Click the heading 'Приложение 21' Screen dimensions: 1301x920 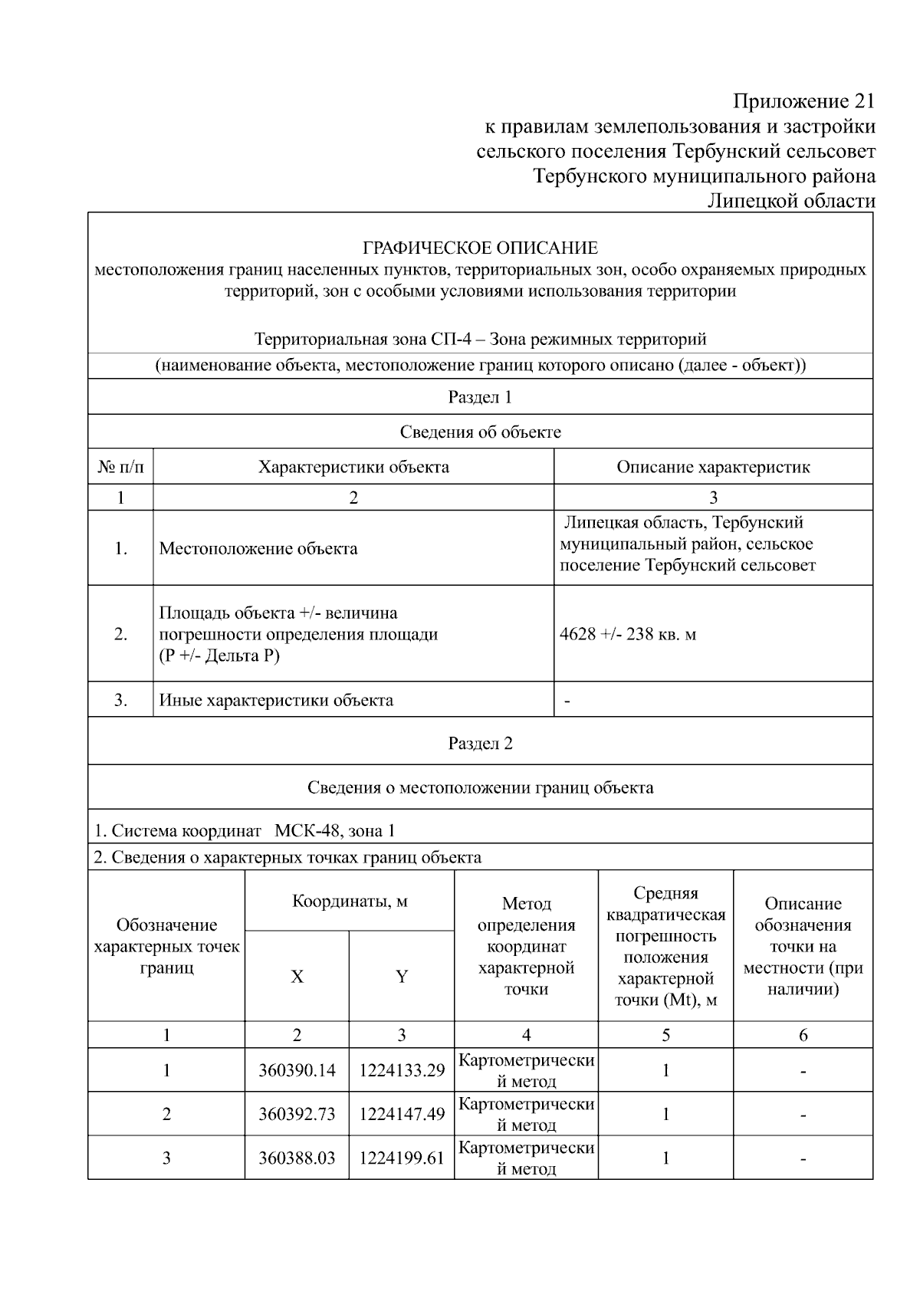click(803, 101)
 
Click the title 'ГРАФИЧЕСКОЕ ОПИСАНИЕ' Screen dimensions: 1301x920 click(480, 248)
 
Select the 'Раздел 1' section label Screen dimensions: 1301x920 click(480, 397)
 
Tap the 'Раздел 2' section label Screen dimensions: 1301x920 click(480, 743)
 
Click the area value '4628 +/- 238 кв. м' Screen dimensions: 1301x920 click(628, 634)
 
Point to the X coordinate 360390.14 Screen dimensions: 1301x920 click(297, 1070)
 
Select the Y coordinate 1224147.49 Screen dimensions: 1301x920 click(402, 1114)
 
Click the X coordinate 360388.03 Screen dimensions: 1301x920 click(297, 1158)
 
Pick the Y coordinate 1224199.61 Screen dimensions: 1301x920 click(402, 1158)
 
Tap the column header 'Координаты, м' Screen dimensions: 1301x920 click(350, 901)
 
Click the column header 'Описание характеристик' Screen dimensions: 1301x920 click(713, 467)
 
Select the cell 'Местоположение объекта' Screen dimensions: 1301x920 click(258, 548)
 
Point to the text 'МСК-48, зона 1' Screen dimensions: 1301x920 click(335, 830)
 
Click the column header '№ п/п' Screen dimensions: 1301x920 click(120, 467)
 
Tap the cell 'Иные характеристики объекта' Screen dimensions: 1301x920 click(276, 700)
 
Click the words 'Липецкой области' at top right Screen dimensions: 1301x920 click(790, 201)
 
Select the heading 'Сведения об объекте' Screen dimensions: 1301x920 click(480, 432)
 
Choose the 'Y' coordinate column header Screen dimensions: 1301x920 click(402, 976)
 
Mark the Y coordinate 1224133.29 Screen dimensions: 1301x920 click(402, 1070)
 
